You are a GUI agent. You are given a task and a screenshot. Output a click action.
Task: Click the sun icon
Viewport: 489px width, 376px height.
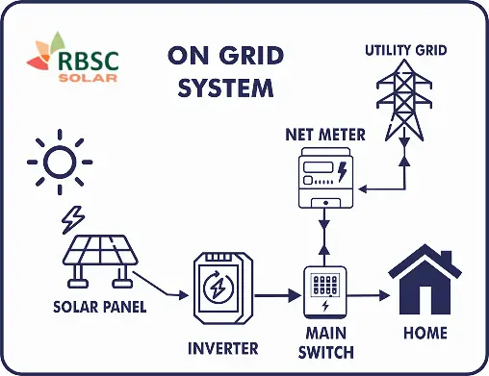tap(59, 163)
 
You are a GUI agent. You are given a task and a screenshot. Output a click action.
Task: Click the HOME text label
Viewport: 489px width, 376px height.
tap(425, 333)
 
